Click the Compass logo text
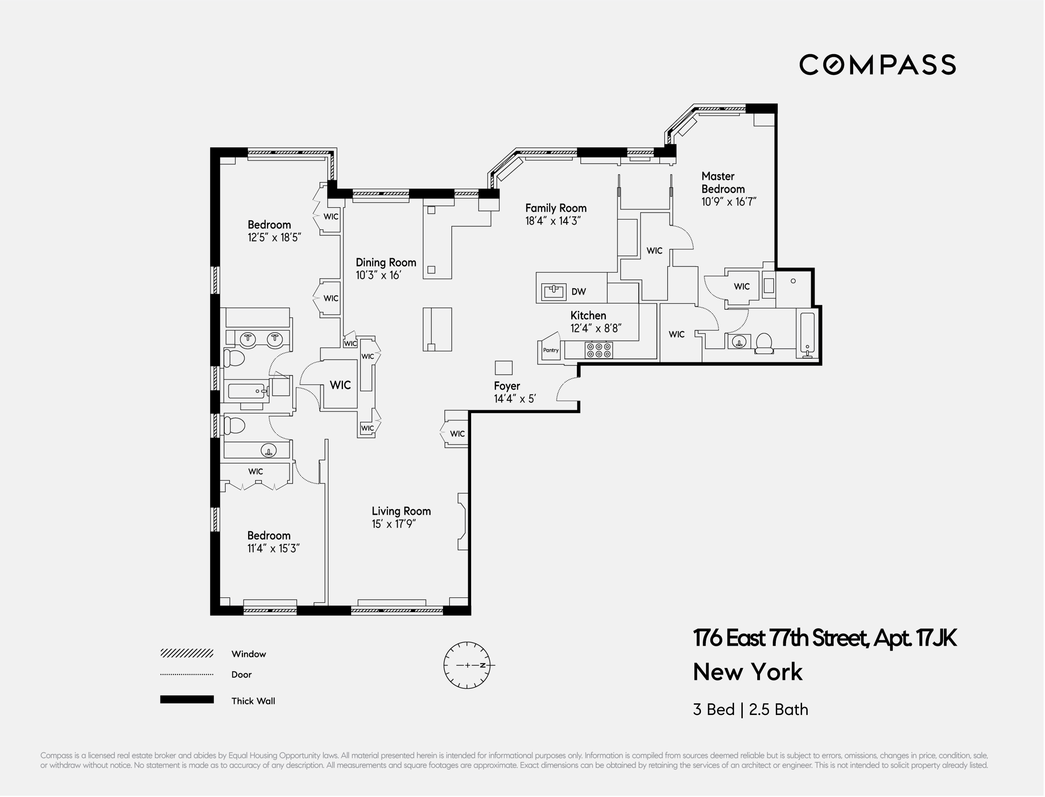(877, 65)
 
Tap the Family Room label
(556, 208)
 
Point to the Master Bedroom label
(723, 183)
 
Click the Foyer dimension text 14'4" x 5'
(515, 399)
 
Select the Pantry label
(551, 351)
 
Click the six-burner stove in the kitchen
(599, 351)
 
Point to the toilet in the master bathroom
(764, 343)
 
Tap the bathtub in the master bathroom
(807, 334)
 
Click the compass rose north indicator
(483, 665)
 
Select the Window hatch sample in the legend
(187, 654)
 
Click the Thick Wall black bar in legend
(187, 700)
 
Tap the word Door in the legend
(242, 675)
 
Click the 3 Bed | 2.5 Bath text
(750, 710)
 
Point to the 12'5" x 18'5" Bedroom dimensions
(274, 238)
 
